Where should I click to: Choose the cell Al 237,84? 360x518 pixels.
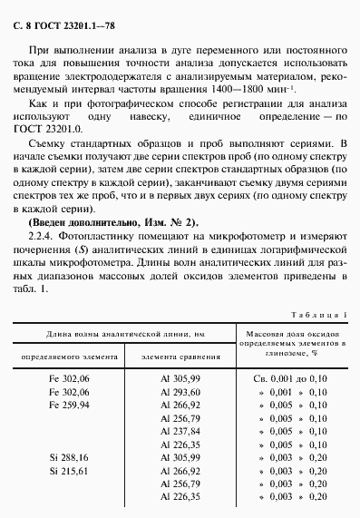(x=179, y=433)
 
